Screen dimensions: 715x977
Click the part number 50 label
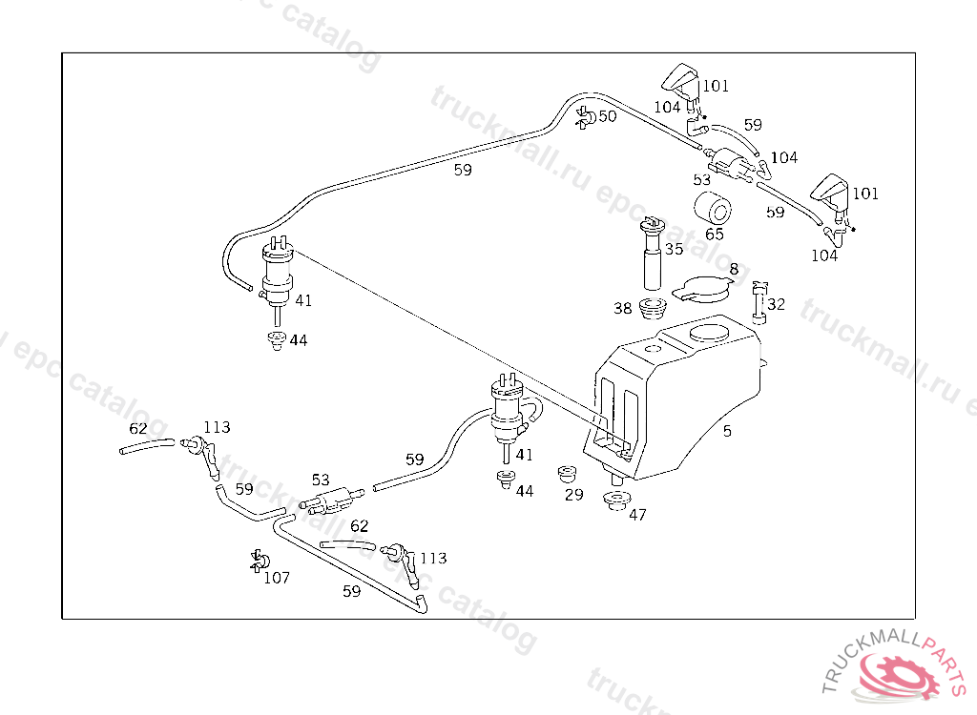click(608, 116)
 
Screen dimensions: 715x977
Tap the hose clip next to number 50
click(585, 118)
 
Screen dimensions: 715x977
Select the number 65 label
click(715, 234)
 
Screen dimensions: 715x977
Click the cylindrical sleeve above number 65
click(711, 209)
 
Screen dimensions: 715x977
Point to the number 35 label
click(674, 250)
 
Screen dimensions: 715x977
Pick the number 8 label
click(733, 270)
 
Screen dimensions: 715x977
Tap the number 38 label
click(623, 309)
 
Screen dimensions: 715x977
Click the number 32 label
click(777, 305)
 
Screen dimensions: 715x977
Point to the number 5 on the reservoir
click(727, 431)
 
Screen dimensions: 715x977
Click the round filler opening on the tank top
click(708, 334)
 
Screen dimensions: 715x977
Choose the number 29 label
click(573, 495)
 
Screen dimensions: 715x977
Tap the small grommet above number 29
click(569, 474)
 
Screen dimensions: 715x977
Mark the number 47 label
click(637, 515)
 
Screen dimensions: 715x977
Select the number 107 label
click(277, 578)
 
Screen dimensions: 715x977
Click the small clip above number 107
click(258, 561)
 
